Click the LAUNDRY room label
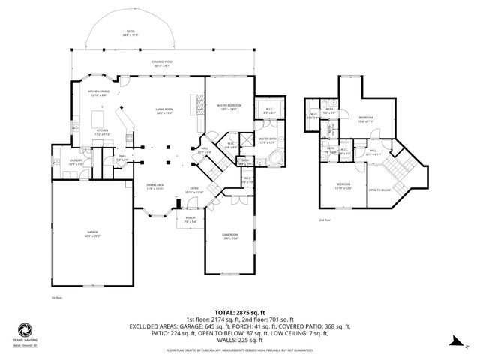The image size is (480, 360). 76,160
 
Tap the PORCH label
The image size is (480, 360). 190,220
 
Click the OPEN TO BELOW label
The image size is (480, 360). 379,190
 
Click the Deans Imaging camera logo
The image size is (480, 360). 24,330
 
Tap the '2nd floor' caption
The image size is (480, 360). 324,220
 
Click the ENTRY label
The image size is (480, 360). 194,190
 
